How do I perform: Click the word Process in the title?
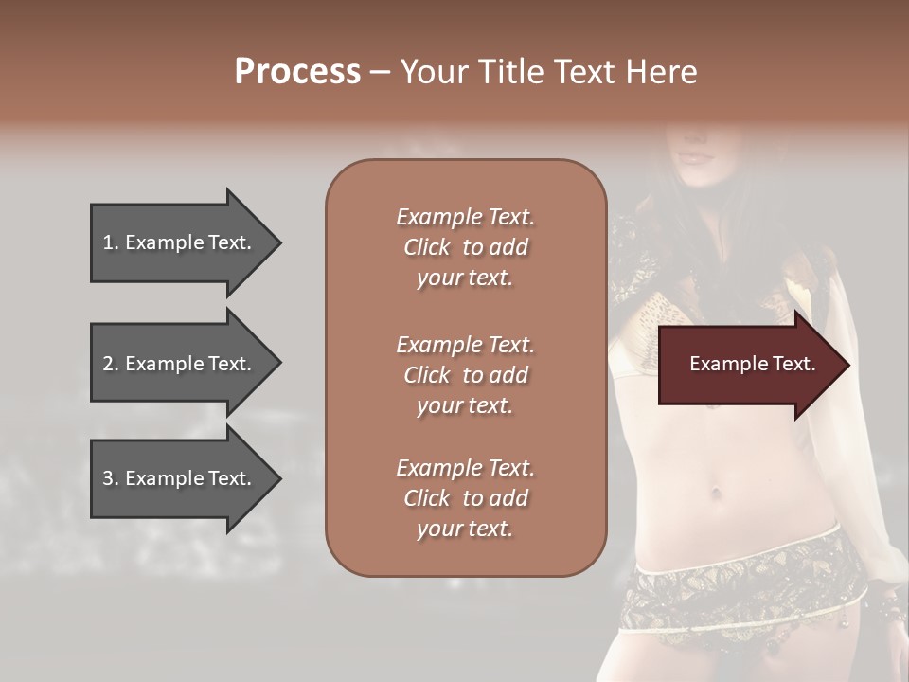click(x=297, y=72)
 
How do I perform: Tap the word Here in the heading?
click(x=662, y=72)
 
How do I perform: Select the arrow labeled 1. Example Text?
click(x=180, y=242)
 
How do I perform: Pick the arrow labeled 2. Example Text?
click(x=180, y=364)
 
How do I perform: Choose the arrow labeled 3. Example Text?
click(x=180, y=478)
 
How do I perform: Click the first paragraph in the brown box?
click(x=465, y=247)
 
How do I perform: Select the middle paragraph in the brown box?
click(x=465, y=375)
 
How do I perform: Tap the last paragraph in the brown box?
click(x=465, y=498)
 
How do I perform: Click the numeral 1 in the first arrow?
click(x=108, y=242)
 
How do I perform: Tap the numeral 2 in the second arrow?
click(x=108, y=364)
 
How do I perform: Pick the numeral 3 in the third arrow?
click(x=108, y=478)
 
